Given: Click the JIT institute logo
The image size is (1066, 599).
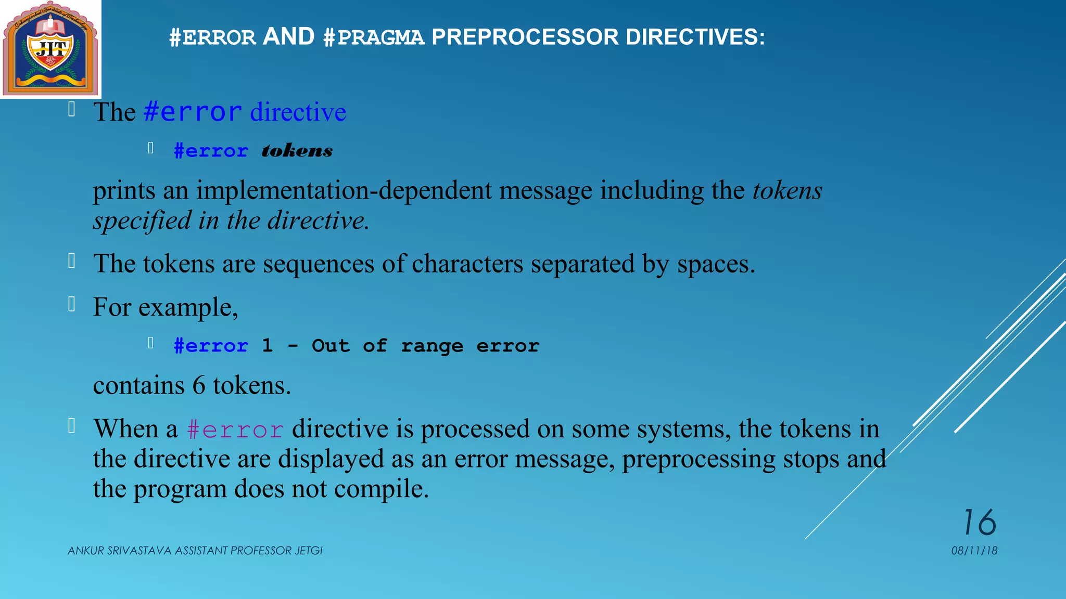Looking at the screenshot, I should coord(50,49).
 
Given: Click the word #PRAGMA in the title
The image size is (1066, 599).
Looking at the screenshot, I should coord(374,37).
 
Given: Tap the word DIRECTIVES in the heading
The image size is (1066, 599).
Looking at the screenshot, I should coord(695,37).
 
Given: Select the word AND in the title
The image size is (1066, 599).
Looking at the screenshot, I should coord(289,36).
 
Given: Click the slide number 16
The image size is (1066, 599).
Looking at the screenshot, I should coord(980,522).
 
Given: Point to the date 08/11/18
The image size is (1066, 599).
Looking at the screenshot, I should coord(974,551).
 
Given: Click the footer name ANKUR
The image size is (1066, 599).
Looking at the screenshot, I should coord(86,551).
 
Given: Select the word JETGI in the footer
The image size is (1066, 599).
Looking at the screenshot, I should coord(309,551).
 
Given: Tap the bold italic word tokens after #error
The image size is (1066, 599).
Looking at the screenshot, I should coord(297,151).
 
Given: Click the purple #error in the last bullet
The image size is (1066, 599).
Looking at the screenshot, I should coord(235,429).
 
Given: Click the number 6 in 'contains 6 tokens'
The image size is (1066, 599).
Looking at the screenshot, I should coord(199,385).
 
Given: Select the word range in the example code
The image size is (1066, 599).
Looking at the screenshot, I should coord(432,346).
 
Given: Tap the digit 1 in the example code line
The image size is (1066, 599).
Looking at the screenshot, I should coord(267,345).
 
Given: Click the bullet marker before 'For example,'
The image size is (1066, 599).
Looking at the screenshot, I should coord(72,304).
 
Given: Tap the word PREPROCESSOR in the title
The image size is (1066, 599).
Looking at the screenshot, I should coord(525,37).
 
